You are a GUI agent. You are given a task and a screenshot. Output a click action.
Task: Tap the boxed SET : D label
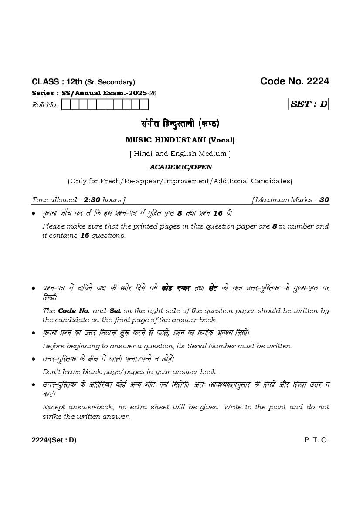click(309, 104)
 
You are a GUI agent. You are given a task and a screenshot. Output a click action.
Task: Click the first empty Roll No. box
click(66, 104)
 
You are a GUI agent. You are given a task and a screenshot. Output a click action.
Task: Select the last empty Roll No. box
click(144, 104)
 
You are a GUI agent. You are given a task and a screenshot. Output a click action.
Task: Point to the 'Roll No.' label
click(44, 105)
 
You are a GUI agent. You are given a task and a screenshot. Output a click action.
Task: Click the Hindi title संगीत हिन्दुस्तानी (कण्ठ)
click(180, 124)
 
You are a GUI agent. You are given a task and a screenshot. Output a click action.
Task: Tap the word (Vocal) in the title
click(221, 140)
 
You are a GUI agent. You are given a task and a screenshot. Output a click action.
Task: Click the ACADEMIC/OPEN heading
click(180, 167)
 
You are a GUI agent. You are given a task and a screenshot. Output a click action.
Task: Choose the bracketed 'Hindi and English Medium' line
click(180, 153)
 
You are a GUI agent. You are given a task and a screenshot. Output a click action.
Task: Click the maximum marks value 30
click(324, 200)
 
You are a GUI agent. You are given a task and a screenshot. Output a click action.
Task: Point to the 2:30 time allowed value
click(92, 200)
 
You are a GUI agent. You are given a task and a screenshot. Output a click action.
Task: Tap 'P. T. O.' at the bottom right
click(316, 440)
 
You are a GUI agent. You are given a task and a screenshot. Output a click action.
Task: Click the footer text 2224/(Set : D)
click(54, 440)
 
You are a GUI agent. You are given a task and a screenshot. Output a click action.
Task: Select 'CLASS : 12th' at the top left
click(57, 82)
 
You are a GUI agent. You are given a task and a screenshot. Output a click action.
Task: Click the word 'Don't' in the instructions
click(51, 372)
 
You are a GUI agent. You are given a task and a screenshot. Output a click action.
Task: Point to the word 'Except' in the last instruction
click(54, 407)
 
